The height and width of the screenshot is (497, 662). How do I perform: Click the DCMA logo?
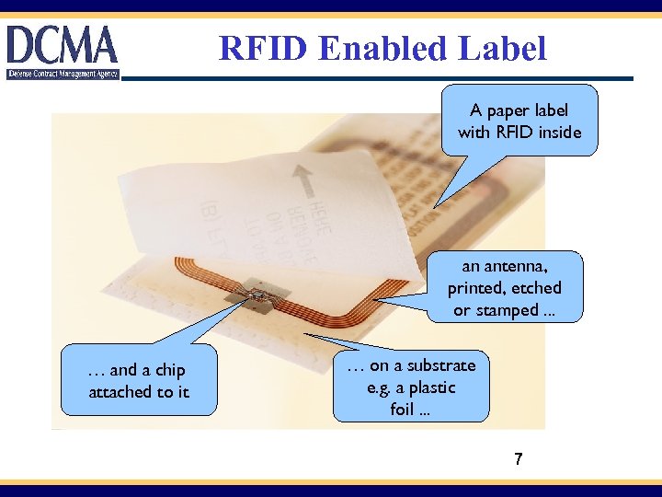[63, 46]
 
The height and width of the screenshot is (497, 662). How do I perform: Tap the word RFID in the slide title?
[265, 48]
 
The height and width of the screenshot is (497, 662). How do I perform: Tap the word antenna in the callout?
[518, 266]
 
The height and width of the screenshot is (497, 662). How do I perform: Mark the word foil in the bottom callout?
[403, 410]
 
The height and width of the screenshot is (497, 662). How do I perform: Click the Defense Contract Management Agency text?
[63, 74]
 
